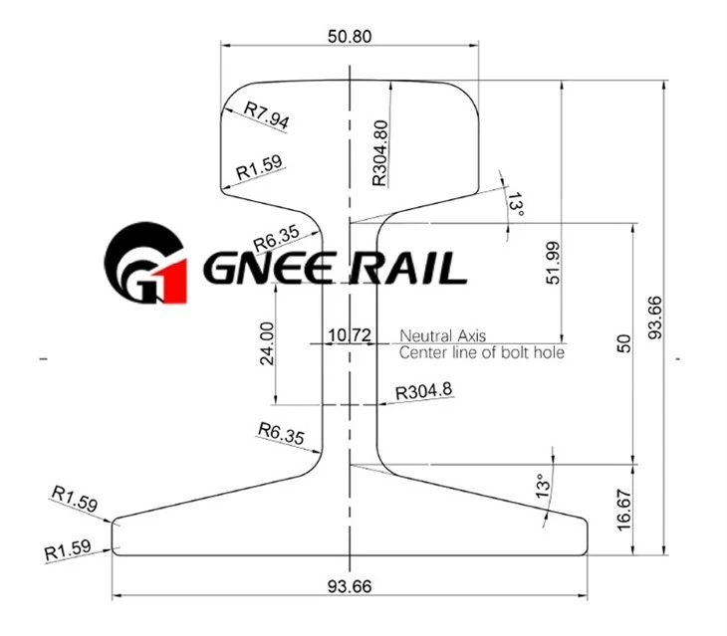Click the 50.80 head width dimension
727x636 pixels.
tap(350, 36)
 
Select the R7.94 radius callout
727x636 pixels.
tap(267, 115)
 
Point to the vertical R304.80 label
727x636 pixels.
tap(379, 153)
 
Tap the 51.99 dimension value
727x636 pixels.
tap(553, 263)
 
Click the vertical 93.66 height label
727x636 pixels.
tap(655, 318)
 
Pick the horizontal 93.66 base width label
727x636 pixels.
tap(350, 586)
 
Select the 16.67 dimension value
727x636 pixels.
tap(624, 511)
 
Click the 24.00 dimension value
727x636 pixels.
tap(267, 343)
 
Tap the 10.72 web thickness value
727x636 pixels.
tap(350, 334)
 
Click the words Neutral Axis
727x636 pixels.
tap(443, 335)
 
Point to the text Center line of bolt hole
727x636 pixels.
tap(482, 352)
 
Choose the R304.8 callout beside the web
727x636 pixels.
tap(424, 391)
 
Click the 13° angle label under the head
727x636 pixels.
tap(515, 205)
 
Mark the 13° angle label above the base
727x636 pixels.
tap(543, 486)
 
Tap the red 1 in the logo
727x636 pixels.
tap(172, 282)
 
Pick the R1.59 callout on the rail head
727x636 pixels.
tap(259, 167)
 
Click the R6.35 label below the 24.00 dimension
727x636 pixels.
tap(282, 433)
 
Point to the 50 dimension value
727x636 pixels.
tap(624, 343)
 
